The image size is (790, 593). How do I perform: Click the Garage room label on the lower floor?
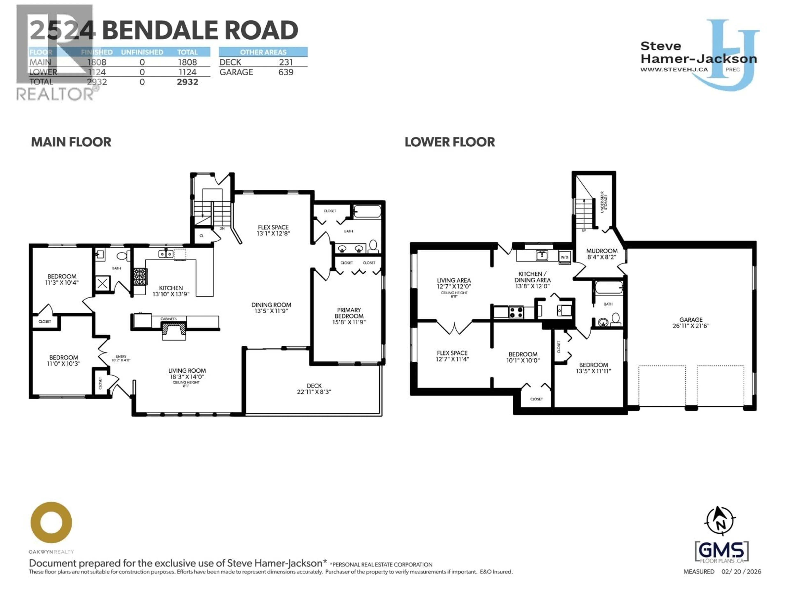[690, 322]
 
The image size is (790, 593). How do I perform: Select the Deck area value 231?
[286, 62]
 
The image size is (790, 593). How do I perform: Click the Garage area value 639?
[286, 72]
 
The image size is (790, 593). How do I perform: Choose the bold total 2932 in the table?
[187, 82]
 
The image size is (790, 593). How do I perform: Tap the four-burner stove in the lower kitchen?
[516, 312]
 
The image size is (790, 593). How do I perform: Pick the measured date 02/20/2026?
[741, 572]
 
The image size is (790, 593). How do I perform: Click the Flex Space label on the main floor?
[273, 230]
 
